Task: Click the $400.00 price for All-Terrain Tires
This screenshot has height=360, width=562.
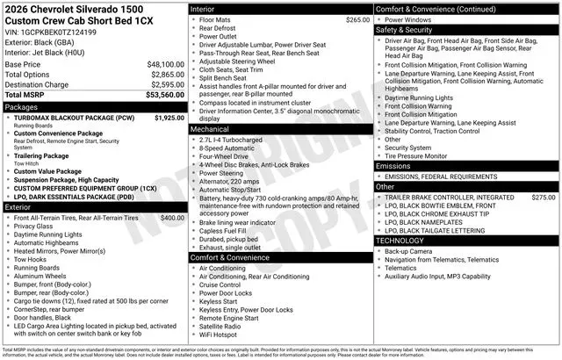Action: (172, 217)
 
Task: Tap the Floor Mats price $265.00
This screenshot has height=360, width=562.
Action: (357, 19)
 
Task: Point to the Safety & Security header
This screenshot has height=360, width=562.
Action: (407, 29)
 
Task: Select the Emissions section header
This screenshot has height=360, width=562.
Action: (393, 166)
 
